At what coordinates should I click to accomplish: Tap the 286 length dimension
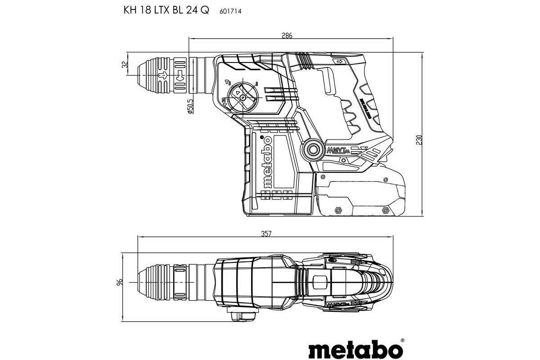pos(287,36)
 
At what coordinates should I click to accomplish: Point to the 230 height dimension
pos(419,140)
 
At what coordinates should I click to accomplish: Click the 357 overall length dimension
pos(267,234)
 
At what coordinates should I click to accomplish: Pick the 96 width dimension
pos(120,283)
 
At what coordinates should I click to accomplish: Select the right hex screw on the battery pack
pos(385,210)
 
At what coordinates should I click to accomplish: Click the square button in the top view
pos(319,282)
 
